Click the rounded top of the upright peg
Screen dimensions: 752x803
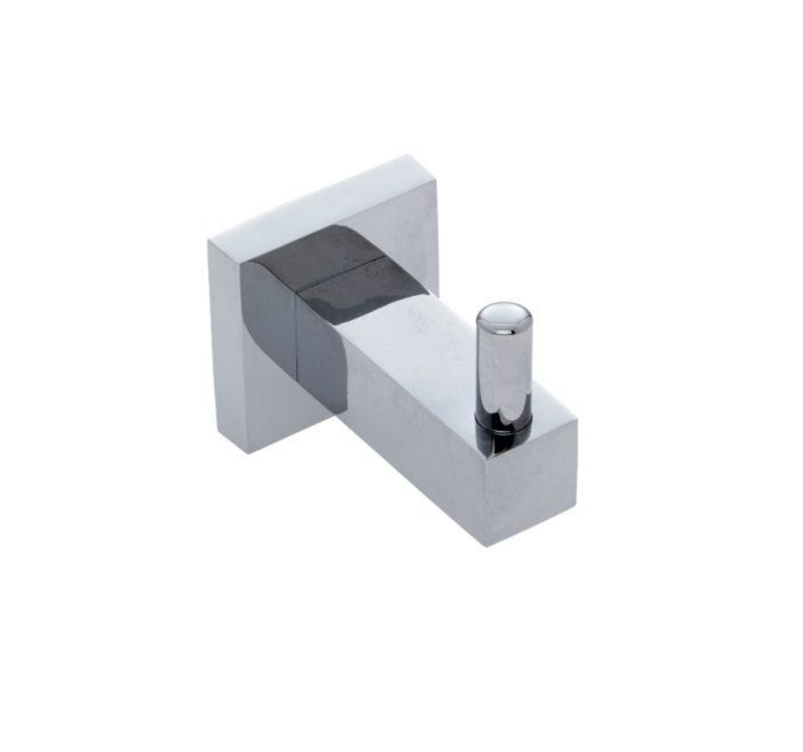point(504,314)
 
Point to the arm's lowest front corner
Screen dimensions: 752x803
point(487,546)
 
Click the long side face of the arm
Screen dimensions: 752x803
point(411,443)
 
